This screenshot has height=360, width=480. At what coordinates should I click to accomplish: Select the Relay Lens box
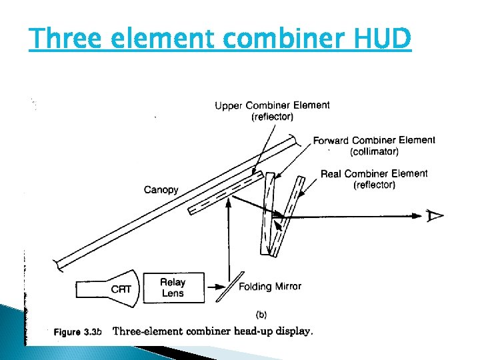(173, 287)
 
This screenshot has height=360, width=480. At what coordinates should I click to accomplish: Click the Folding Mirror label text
(270, 287)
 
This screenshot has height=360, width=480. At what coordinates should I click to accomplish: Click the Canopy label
(161, 190)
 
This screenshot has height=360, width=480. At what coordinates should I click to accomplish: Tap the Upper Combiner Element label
(272, 105)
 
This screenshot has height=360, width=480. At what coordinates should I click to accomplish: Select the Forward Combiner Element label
(373, 140)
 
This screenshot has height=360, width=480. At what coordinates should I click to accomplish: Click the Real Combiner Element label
(374, 174)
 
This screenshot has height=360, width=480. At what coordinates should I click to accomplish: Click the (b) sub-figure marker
(262, 313)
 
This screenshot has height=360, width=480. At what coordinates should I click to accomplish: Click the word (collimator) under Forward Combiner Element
(374, 151)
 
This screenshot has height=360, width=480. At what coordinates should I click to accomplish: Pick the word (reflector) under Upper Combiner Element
(272, 117)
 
